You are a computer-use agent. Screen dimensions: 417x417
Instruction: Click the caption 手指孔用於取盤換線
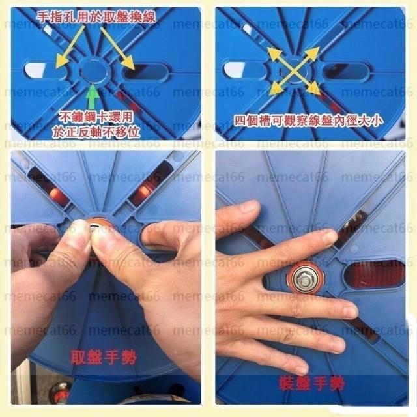96,18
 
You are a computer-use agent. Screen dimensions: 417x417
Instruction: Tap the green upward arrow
93,97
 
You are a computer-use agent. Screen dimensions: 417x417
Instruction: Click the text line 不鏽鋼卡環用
96,117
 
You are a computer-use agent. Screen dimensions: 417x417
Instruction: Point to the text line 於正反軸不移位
96,132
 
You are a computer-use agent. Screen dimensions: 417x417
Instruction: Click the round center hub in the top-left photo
93,71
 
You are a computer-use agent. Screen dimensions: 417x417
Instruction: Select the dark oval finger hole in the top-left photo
145,71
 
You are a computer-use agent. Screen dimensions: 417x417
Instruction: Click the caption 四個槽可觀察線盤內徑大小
308,121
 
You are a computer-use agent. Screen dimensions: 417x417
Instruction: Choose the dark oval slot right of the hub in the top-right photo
346,71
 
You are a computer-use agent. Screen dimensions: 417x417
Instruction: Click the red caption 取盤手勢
104,357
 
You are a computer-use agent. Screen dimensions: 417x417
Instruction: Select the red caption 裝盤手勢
311,384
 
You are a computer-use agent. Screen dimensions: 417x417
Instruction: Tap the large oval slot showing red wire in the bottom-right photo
375,276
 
